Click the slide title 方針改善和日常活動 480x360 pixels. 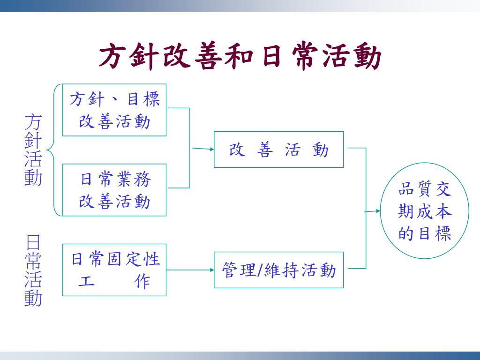240,57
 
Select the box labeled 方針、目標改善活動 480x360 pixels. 114,110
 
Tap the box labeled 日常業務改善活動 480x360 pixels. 114,190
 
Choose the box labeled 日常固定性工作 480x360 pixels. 114,270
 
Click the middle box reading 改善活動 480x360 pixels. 278,150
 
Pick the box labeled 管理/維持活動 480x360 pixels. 278,270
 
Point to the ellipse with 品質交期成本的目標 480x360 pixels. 424,210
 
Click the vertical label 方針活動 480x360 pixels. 33,150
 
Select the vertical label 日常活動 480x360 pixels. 33,271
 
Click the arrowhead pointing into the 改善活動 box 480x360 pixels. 210,150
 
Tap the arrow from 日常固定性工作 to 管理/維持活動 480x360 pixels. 190,270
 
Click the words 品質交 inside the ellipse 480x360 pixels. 424,190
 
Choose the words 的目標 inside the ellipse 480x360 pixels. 424,233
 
